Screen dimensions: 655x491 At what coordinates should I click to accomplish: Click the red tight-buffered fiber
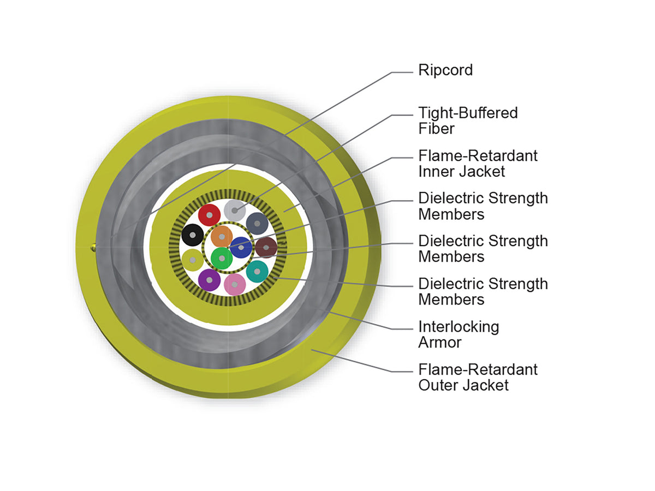209,215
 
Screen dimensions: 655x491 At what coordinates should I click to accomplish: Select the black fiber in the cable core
193,235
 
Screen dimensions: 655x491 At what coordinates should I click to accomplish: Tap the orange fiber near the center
222,237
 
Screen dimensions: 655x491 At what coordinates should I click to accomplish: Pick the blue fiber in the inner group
241,248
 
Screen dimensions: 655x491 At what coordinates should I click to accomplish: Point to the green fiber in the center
222,258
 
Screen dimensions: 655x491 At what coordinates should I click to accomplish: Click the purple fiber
209,280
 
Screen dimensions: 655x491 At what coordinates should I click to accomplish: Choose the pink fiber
235,284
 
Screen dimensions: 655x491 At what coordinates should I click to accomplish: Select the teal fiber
257,272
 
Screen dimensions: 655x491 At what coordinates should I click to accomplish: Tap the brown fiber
266,248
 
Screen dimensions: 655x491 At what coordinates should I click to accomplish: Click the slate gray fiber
257,223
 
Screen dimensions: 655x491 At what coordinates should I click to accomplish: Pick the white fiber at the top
235,211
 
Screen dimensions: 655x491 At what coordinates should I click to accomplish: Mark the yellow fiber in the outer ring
193,260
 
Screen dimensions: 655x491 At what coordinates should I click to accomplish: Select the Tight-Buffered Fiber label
468,121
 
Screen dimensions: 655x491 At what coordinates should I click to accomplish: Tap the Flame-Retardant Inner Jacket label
478,163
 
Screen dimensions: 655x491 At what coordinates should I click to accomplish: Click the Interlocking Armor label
458,334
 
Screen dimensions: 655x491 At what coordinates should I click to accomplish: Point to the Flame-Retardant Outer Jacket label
478,377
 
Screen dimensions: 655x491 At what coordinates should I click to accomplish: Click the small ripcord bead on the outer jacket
93,247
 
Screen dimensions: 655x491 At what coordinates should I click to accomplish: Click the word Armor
439,342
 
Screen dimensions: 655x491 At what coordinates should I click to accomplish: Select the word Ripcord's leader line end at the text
413,73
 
